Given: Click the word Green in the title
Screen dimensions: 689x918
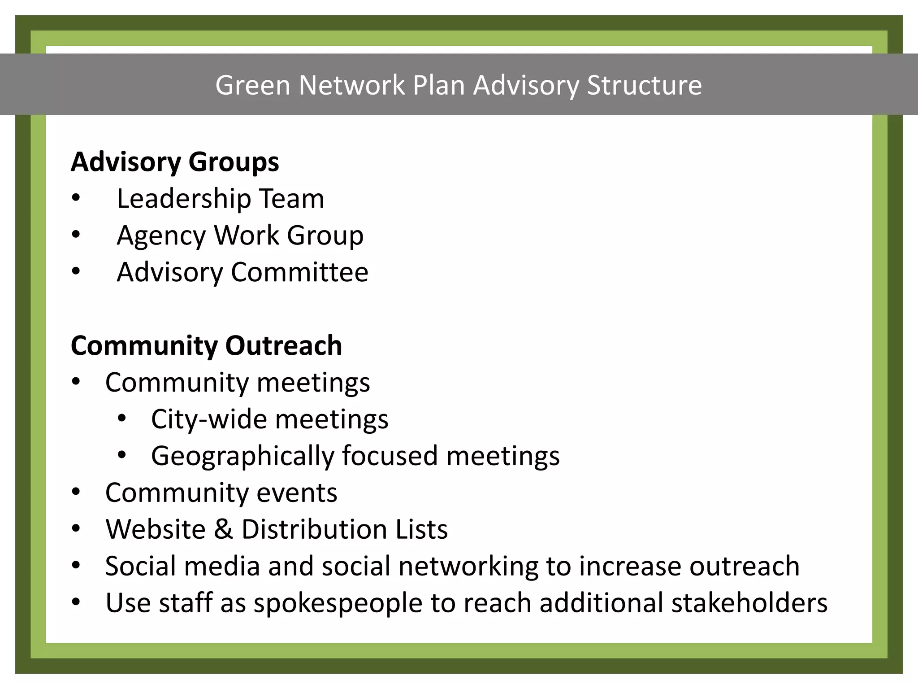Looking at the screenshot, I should (x=253, y=85).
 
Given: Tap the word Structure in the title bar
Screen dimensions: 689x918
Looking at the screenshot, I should (x=644, y=85).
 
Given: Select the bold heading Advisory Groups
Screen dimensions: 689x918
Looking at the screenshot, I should (x=175, y=162).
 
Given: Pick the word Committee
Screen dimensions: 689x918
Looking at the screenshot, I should (x=299, y=272).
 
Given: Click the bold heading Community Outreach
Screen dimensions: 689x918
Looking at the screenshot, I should (x=206, y=346).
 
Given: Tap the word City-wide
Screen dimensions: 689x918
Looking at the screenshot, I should (x=209, y=419).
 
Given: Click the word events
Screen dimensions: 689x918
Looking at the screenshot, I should (x=297, y=493).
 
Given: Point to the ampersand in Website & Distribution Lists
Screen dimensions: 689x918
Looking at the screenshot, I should (x=223, y=529).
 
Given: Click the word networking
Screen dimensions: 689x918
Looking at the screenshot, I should (x=468, y=566).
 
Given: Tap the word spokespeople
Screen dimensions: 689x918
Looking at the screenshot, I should (x=338, y=603).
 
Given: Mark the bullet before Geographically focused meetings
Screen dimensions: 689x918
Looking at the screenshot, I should (x=122, y=455).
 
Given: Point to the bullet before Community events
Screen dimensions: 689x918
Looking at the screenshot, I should (x=76, y=492).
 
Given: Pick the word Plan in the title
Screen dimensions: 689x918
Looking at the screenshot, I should (x=438, y=85).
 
